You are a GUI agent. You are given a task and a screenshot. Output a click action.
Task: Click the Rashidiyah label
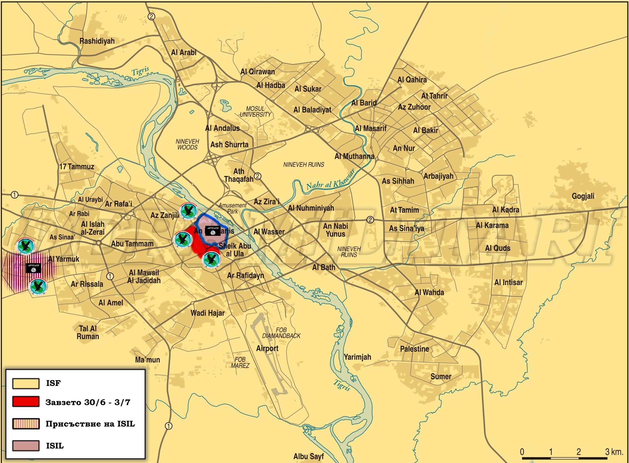pos(97,41)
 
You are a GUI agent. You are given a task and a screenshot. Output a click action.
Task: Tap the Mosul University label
pos(255,112)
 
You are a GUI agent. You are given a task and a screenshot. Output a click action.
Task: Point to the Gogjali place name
pos(583,196)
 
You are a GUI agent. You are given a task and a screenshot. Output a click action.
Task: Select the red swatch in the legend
pos(26,401)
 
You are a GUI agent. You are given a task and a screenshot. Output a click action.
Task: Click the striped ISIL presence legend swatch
pos(26,423)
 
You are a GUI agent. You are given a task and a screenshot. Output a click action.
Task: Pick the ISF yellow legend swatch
pos(26,383)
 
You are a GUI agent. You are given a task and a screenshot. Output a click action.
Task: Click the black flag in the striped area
pos(33,268)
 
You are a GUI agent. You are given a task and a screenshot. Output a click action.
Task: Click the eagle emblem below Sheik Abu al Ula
pos(211,259)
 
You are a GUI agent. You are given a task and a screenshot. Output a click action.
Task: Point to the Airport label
pos(267,348)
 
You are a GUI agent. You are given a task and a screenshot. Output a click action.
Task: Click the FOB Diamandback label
pos(281,333)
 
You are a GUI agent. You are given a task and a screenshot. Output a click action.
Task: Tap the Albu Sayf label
pos(308,456)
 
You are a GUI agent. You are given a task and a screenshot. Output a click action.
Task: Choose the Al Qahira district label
pos(412,80)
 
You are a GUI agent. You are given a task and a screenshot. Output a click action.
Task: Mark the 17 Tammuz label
pos(77,167)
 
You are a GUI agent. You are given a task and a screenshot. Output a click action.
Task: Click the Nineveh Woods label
pos(187,144)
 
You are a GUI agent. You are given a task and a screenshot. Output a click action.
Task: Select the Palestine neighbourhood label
pos(415,349)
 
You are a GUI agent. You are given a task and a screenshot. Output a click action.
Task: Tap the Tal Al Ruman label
pos(88,332)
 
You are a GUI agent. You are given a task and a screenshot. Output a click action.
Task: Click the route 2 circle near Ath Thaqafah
pos(257,176)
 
